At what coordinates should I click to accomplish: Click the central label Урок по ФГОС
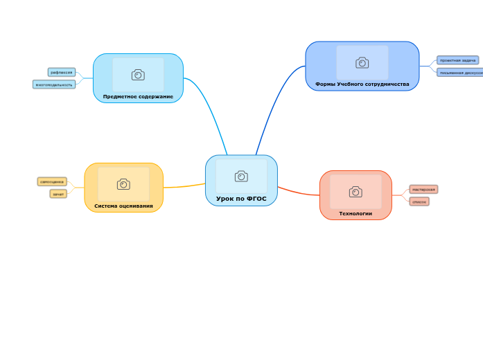(241, 199)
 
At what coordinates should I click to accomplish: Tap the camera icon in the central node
(241, 177)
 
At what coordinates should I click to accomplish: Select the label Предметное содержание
(138, 97)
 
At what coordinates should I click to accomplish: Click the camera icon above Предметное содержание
(138, 75)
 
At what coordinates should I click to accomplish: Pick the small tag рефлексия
(62, 72)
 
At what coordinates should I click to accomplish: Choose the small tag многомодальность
(54, 84)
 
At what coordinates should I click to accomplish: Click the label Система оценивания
(123, 206)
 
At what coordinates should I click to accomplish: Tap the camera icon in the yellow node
(123, 184)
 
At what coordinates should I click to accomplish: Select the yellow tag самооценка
(52, 181)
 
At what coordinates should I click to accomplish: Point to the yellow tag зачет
(58, 194)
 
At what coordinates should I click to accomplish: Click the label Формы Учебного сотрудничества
(362, 84)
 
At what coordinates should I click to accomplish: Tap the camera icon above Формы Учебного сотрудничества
(362, 63)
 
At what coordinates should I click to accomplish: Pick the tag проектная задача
(457, 60)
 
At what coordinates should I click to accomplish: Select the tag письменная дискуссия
(460, 72)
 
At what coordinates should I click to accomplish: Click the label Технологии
(355, 213)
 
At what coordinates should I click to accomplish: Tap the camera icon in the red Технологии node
(355, 192)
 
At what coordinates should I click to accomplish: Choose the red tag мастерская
(423, 189)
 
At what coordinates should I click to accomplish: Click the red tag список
(419, 201)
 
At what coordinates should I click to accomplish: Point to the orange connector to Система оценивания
(184, 186)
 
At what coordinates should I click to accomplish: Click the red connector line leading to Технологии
(298, 192)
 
